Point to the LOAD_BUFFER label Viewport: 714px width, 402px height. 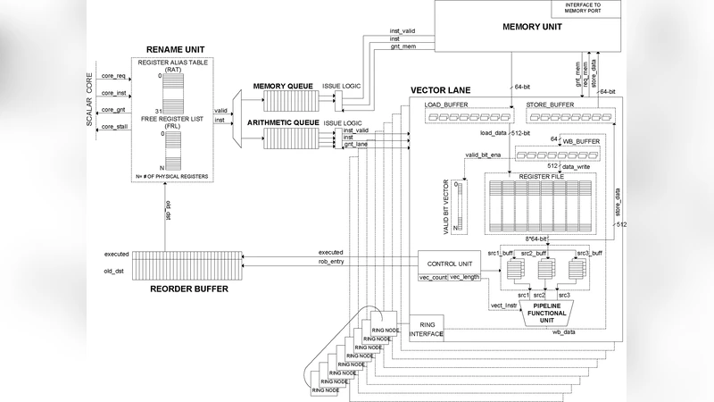tap(456, 104)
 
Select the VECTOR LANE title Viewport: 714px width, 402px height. tap(446, 91)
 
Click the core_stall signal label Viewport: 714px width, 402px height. tap(114, 126)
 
